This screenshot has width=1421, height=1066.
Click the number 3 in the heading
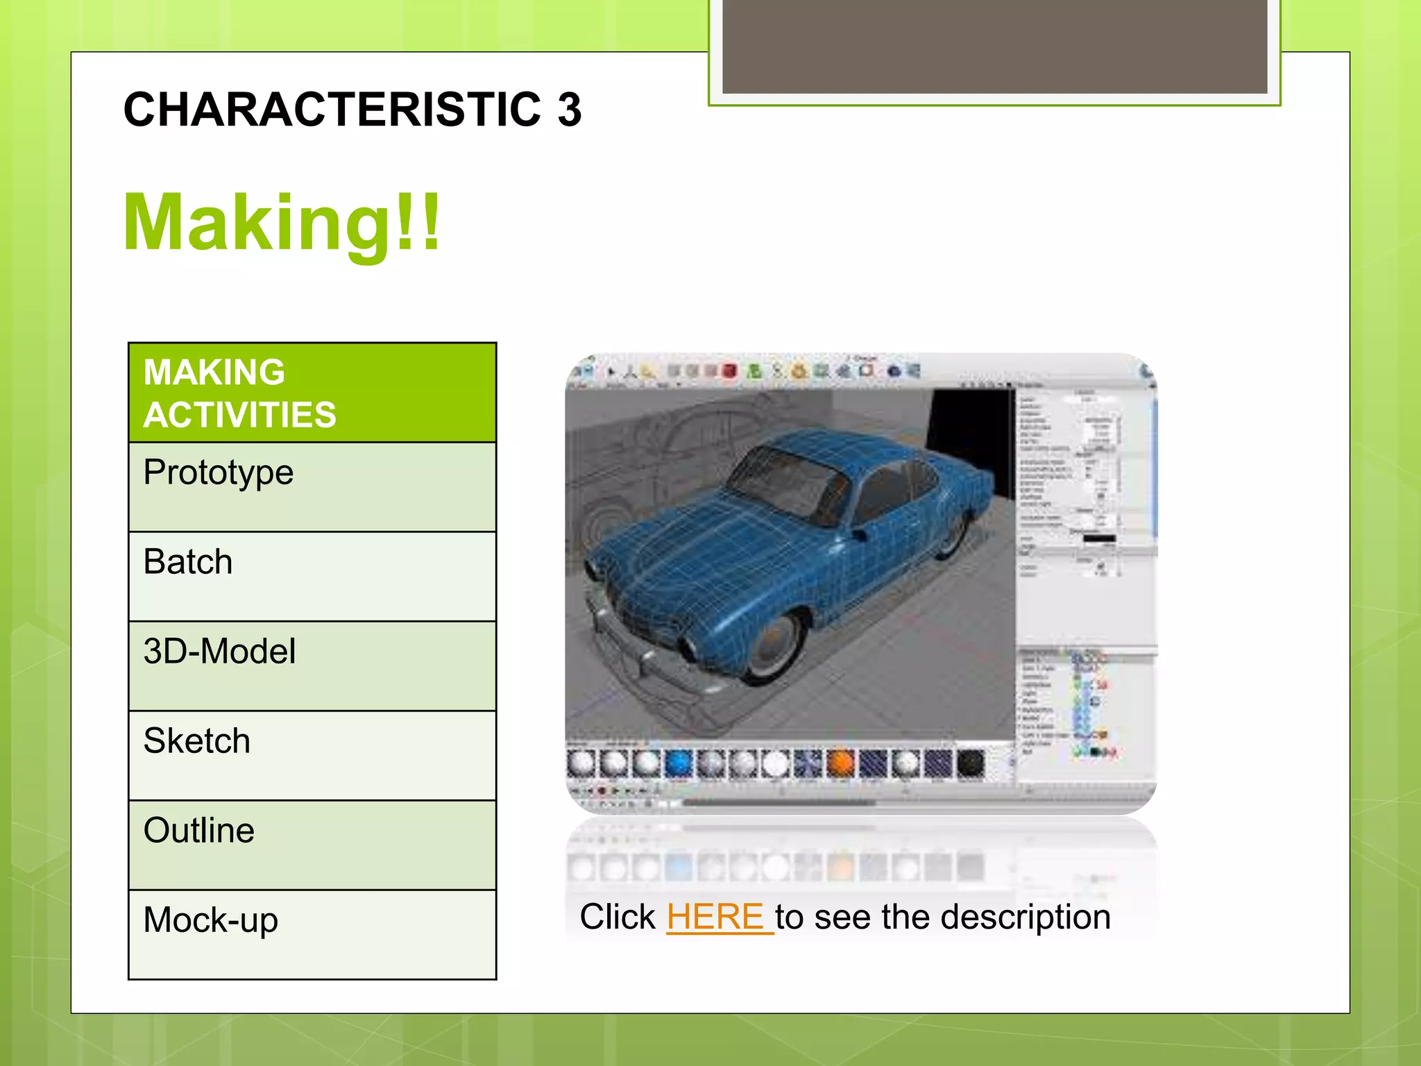tap(570, 110)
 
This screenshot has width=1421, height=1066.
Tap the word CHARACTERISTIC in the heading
tap(332, 110)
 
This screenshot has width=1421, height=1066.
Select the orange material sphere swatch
tap(840, 763)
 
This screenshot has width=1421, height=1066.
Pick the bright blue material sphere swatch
tap(679, 763)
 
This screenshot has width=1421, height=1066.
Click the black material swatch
tap(970, 763)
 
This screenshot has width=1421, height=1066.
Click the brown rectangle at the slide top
tap(994, 45)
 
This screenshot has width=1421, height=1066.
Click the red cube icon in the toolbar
tap(729, 371)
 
